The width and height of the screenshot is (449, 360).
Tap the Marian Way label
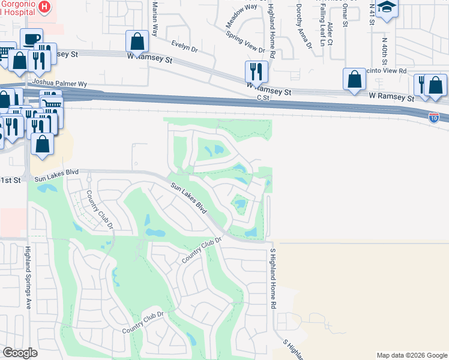click(154, 19)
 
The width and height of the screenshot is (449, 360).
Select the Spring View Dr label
click(245, 41)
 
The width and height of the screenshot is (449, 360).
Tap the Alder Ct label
click(331, 34)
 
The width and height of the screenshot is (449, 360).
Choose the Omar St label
click(345, 14)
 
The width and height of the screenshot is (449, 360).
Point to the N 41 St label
click(372, 14)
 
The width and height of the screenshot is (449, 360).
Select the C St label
click(262, 97)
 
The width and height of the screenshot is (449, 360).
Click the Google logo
click(20, 353)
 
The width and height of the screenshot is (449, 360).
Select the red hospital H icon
click(44, 7)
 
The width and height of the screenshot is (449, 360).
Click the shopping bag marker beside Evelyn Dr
click(137, 42)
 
